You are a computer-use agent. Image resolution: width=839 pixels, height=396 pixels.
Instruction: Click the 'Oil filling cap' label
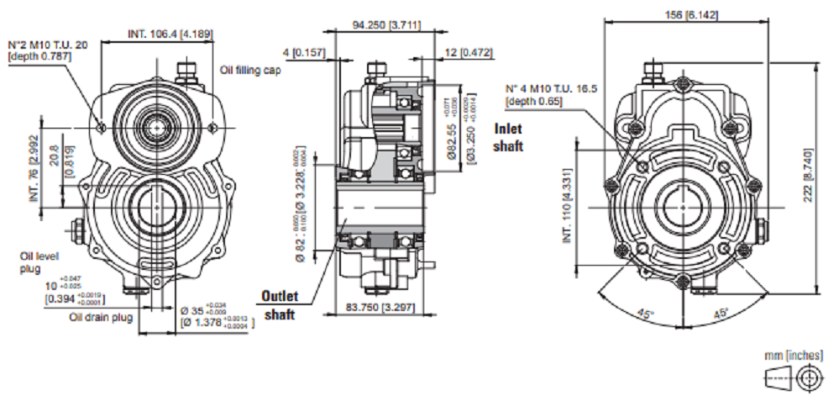(x=249, y=71)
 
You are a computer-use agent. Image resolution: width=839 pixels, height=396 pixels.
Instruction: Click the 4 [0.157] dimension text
(x=303, y=53)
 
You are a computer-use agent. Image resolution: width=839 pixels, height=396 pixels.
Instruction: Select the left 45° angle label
(x=645, y=313)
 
